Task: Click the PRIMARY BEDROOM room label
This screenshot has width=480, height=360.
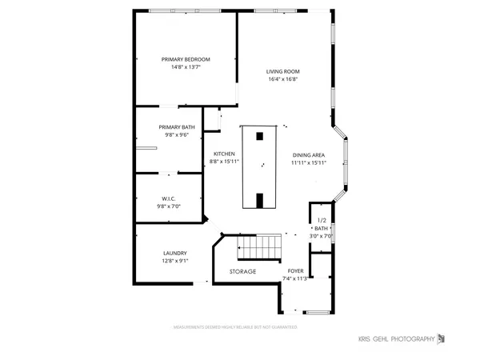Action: pyautogui.click(x=185, y=59)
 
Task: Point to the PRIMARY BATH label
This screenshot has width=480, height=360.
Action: pyautogui.click(x=176, y=127)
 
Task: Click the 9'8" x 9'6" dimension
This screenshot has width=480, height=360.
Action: pyautogui.click(x=176, y=135)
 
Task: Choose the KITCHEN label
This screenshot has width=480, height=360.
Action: pyautogui.click(x=223, y=154)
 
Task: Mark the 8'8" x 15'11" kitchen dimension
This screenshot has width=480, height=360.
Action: pyautogui.click(x=223, y=162)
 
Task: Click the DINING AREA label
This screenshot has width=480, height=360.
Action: pyautogui.click(x=308, y=154)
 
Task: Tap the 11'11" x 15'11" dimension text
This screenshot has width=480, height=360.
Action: pyautogui.click(x=308, y=162)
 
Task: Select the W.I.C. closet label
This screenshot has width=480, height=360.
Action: pyautogui.click(x=169, y=198)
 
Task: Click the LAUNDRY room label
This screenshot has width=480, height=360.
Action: pyautogui.click(x=174, y=253)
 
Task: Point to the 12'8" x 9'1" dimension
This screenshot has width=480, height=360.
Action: pyautogui.click(x=174, y=261)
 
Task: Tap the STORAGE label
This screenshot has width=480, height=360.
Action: pyautogui.click(x=242, y=272)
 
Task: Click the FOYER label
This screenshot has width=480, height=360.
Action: pyautogui.click(x=296, y=271)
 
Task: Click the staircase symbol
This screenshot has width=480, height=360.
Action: pyautogui.click(x=260, y=248)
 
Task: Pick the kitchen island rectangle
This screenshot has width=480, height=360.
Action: pyautogui.click(x=258, y=166)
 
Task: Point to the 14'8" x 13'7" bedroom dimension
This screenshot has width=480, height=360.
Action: pyautogui.click(x=185, y=67)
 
